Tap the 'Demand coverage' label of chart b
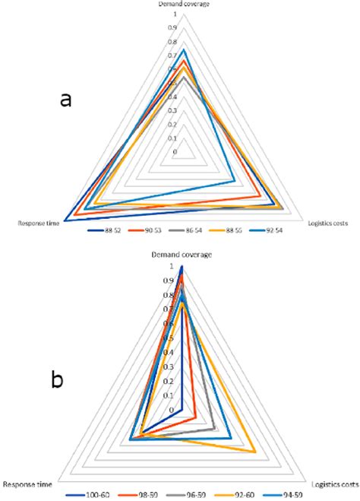pos(181,254)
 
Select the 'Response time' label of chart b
pos(28,484)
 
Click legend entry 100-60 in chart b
pos(100,495)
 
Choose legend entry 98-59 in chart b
pos(150,495)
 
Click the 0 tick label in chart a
pos(174,152)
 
